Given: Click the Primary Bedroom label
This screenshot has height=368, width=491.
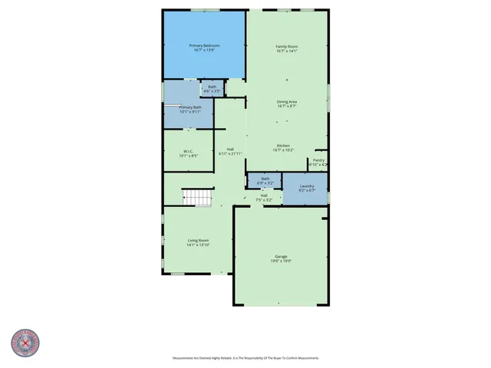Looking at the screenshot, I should (x=204, y=46).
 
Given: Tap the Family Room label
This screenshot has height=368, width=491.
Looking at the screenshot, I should (x=287, y=47).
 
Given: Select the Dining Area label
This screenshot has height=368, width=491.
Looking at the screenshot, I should (x=287, y=101).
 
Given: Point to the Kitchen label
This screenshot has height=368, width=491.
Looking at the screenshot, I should (x=283, y=146).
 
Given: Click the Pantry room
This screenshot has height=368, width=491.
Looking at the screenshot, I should (x=318, y=162).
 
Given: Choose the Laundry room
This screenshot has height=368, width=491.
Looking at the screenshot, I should (x=306, y=186).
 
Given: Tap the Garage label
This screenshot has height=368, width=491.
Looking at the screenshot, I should (x=281, y=256).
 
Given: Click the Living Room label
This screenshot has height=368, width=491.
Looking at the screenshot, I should (x=199, y=241).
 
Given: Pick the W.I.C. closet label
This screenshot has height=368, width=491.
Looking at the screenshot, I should (x=188, y=151).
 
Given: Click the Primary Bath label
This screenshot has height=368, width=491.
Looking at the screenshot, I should (x=190, y=107).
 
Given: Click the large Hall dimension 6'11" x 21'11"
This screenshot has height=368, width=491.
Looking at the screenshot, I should (x=230, y=153).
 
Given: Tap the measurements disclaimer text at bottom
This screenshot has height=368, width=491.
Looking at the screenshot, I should (x=245, y=358).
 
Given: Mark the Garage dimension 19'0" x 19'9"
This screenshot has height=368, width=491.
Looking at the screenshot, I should (x=281, y=261).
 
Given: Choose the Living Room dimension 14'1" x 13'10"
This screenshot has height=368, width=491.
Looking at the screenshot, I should (x=199, y=245).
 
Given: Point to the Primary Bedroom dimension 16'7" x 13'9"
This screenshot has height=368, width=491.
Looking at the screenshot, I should (x=204, y=51).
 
